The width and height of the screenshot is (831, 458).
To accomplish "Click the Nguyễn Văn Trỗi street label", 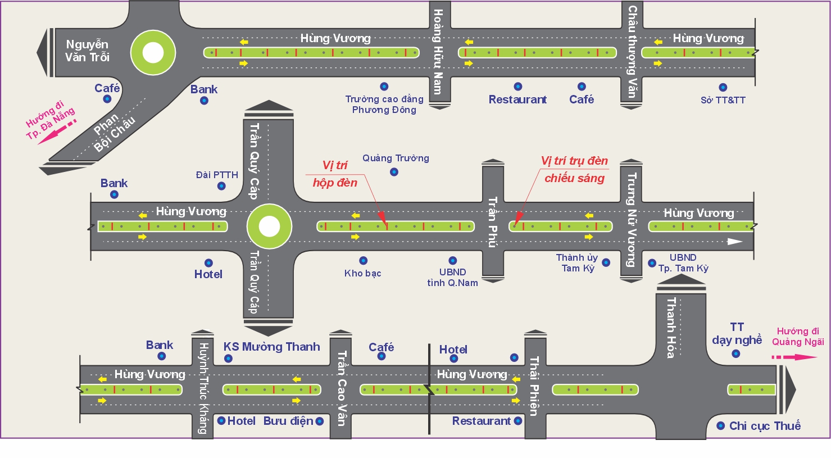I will pos(87,51).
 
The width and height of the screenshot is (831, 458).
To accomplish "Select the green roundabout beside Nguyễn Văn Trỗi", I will pos(153,53).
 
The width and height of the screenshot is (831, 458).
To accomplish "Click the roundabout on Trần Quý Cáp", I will pos(269,226).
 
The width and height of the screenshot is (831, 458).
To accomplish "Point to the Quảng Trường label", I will pos(396,158).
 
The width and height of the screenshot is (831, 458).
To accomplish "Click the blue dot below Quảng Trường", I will pos(394,172).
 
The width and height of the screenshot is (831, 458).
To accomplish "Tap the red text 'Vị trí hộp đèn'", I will pos(335,174).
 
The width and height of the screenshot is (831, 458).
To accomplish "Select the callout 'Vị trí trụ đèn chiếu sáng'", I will pos(574,169).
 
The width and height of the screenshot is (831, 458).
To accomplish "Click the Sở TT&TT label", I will pos(723,101).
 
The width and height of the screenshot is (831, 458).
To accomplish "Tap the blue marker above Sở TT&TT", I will pos(723,87).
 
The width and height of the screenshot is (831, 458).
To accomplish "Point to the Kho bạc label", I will pos(362,274).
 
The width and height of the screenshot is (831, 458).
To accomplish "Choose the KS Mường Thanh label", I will pos(272,347).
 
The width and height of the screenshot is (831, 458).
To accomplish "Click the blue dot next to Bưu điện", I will pos(320,421).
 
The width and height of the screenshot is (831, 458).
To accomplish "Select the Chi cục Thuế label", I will pos(765,426).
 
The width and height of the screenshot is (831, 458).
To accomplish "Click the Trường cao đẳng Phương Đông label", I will pos(384,105).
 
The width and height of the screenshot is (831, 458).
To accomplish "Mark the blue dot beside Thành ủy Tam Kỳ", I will pos(606,262).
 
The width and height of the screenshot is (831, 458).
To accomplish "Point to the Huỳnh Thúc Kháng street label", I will pos(203,388).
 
